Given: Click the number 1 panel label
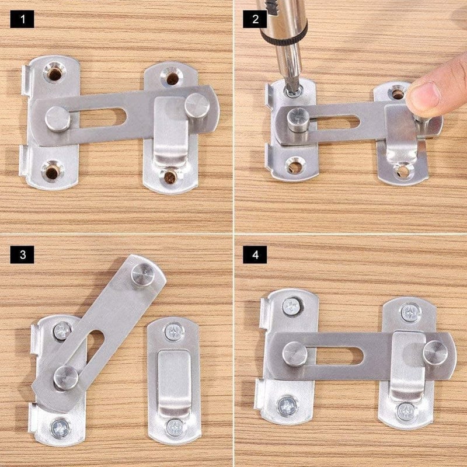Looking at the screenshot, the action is (22, 19).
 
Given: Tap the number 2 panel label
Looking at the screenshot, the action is (255, 19).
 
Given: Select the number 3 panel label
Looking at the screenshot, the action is (22, 255).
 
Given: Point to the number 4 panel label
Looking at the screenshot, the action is (255, 255).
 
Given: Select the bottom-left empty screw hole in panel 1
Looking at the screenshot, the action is (53, 171).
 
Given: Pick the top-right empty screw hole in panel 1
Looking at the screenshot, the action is (172, 78).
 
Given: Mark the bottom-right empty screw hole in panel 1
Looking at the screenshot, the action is (170, 177).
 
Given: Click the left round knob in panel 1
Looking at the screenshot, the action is (57, 119).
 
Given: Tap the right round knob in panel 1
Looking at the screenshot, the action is (197, 106).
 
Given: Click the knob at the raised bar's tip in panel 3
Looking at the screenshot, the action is (143, 274).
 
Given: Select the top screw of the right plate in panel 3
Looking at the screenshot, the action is (174, 332).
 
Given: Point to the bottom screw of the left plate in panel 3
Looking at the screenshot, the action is (61, 428).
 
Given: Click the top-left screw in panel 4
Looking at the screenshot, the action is (291, 306).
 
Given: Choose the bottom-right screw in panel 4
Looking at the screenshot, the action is (406, 412).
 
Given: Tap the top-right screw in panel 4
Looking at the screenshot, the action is (411, 312).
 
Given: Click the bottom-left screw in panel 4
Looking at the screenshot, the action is (287, 406).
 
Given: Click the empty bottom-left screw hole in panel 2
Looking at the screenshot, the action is (294, 166).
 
